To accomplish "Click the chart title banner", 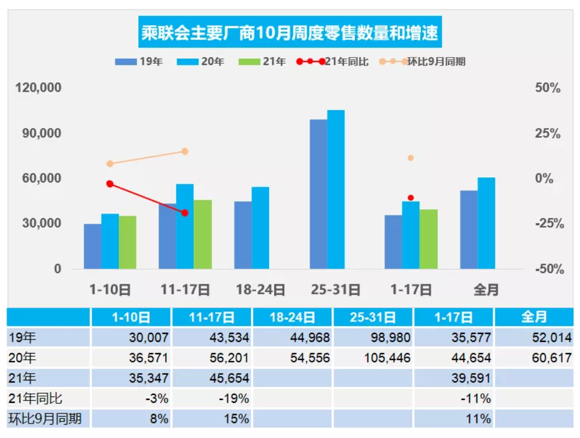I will coord(289,33).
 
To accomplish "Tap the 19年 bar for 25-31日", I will coord(318,194).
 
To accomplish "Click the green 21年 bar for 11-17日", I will coord(203,234).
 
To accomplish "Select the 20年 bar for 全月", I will coord(487,223).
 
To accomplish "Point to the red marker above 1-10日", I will coord(110,184).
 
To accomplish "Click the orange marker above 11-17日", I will coord(185,152).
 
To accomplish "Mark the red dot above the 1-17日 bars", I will coord(410,198).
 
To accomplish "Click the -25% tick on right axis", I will coord(547,224).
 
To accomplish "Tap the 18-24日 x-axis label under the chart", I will coord(260,290).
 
